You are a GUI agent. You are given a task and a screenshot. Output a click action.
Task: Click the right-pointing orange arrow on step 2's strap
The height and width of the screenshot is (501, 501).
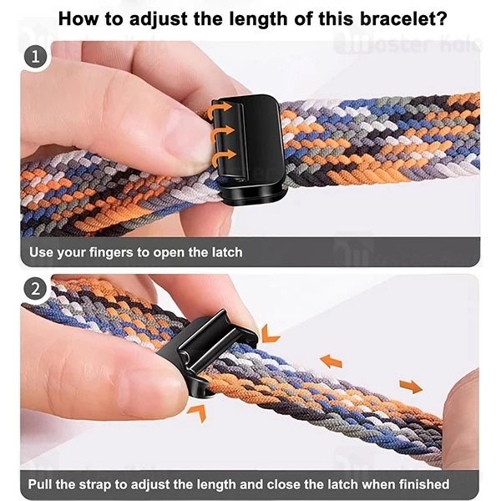[x=411, y=387]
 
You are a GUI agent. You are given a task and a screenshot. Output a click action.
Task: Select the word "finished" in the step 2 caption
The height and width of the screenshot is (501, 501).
[x=420, y=484]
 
